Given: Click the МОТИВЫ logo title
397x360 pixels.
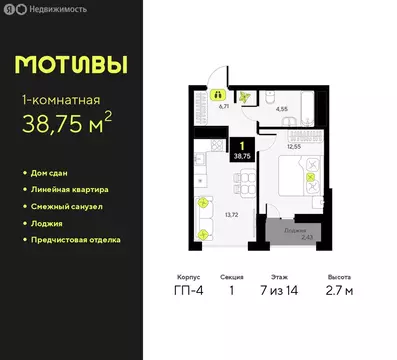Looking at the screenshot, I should [x=71, y=64].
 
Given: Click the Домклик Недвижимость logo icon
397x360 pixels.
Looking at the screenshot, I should [x=9, y=9].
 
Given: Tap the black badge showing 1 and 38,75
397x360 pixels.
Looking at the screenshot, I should [x=242, y=150].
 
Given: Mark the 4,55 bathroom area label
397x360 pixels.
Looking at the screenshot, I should [x=283, y=109].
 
